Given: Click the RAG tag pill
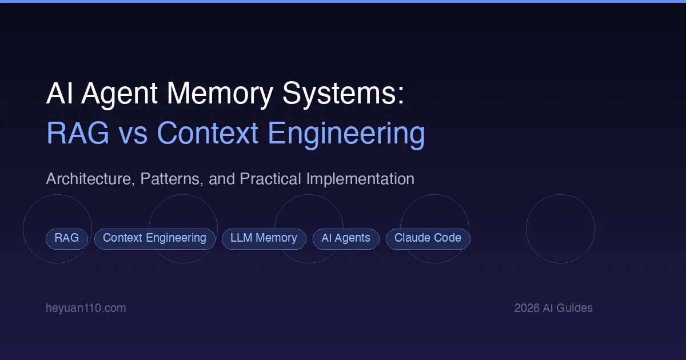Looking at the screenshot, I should (x=67, y=238).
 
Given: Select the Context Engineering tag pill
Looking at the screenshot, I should (x=154, y=238).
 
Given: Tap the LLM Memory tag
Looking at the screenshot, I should (x=264, y=238).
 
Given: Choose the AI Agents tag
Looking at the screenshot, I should (x=346, y=238).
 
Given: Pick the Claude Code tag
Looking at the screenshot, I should (x=428, y=238).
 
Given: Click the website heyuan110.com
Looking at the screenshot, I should (x=86, y=308).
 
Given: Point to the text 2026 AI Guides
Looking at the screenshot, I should (x=553, y=308).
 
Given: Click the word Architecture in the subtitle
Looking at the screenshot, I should (x=87, y=179).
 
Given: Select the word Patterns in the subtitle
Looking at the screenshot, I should (x=169, y=179).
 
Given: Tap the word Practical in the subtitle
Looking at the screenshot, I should (x=271, y=179).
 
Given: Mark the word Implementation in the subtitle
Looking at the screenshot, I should (x=360, y=179).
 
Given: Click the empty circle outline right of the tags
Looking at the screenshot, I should (x=560, y=229).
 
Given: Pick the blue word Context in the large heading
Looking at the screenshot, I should (x=208, y=134).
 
